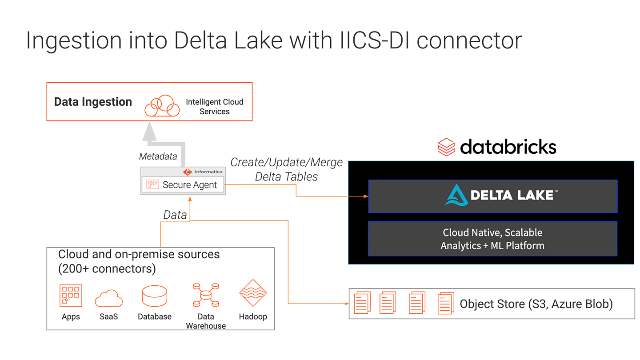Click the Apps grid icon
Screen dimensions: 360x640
coord(71,296)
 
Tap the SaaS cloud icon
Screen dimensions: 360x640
coord(109,298)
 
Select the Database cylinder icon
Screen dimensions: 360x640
coord(154,296)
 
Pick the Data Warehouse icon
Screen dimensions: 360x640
coord(206,295)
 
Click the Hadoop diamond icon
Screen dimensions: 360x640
coord(252,294)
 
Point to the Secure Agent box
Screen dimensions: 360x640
coord(183,185)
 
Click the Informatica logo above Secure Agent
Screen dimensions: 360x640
coord(202,172)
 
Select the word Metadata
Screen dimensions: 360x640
coord(158,156)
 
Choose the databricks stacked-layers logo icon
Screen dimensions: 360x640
coord(446,146)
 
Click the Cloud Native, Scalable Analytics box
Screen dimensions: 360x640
coord(492,239)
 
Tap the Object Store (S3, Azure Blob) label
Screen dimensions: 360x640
coord(536,304)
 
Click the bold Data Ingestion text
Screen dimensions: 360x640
coord(93,102)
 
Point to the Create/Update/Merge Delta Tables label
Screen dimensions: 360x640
coord(287,169)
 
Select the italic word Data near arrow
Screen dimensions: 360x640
coord(175,215)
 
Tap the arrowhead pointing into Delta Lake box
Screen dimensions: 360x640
coord(365,196)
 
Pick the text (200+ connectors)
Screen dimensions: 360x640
coord(107,268)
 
